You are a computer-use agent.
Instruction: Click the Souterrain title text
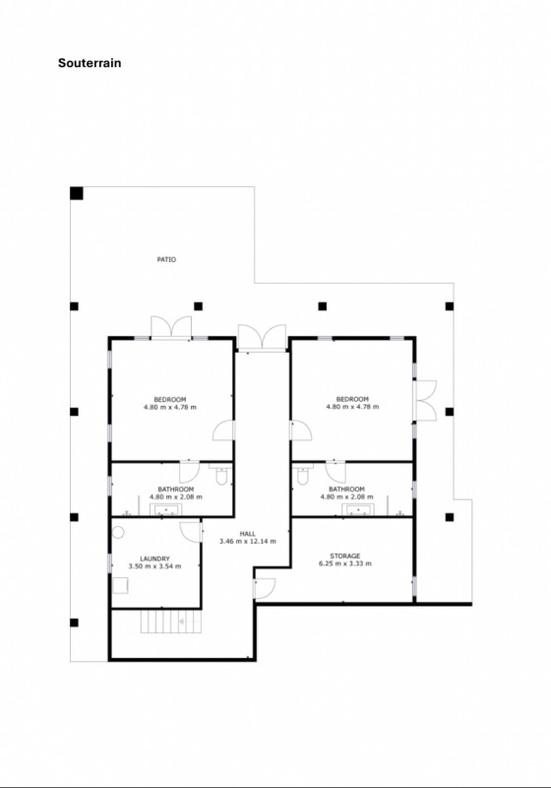[90, 63]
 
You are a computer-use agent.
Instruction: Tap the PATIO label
[166, 260]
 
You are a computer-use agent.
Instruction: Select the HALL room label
[247, 534]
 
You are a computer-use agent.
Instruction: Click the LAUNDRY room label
[154, 558]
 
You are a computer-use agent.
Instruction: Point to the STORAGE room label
[345, 556]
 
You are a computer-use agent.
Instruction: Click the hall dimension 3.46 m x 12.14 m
[247, 541]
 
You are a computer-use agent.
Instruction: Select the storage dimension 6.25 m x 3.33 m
[345, 563]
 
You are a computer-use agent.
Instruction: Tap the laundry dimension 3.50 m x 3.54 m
[154, 565]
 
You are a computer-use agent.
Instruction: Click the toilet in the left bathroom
[220, 474]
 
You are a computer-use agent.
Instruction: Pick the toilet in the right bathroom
[303, 474]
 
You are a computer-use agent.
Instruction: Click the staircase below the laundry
[170, 622]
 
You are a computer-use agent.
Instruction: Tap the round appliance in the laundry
[118, 532]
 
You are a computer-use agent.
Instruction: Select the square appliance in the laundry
[120, 586]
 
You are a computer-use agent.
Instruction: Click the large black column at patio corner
[77, 193]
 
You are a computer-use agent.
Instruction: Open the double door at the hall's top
[262, 338]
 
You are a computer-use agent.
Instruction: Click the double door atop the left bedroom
[171, 328]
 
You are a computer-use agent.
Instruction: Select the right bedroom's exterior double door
[425, 400]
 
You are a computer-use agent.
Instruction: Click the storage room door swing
[265, 589]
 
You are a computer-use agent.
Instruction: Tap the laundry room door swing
[191, 532]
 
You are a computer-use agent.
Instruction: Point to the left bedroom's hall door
[223, 431]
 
